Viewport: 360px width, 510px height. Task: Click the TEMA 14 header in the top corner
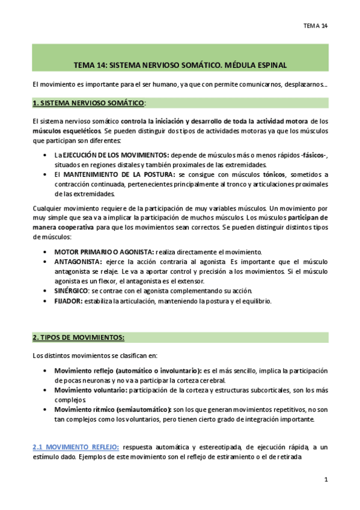[316, 25]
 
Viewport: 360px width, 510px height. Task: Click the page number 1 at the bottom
[325, 479]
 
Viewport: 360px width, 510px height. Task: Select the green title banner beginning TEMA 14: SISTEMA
[180, 63]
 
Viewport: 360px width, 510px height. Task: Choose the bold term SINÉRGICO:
[72, 290]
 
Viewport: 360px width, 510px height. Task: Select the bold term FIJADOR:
[69, 300]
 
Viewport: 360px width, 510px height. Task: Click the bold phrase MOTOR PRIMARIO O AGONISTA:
[103, 252]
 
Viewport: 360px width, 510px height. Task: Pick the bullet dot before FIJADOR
[47, 300]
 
